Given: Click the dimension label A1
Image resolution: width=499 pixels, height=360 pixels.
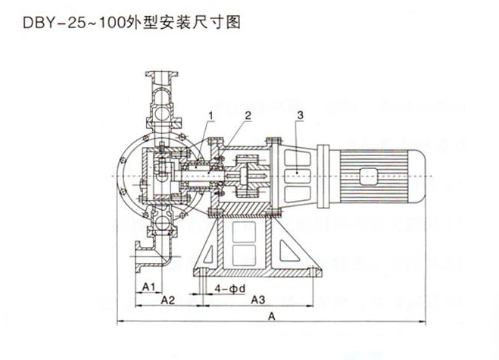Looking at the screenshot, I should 149,286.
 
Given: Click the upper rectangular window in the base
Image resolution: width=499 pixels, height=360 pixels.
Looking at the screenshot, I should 246,230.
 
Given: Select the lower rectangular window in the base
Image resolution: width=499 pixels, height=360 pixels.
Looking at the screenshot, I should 246,253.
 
